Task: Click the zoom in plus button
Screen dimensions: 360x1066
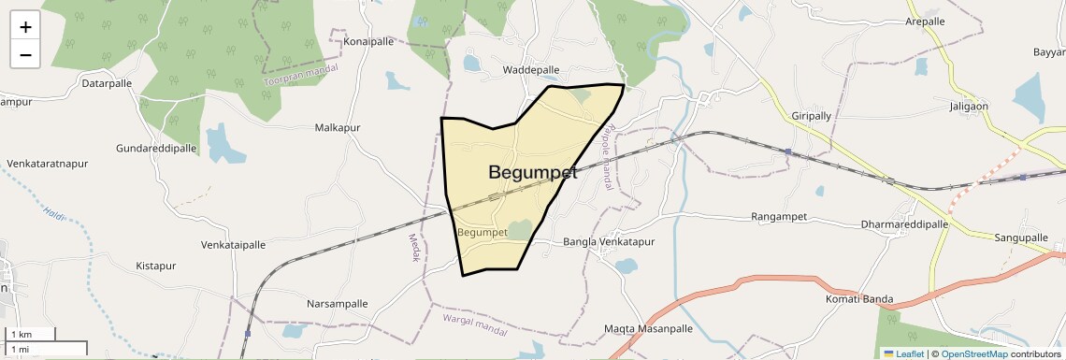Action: tap(25, 27)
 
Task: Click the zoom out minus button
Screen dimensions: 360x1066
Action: tap(25, 55)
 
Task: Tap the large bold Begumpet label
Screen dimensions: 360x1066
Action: tap(533, 172)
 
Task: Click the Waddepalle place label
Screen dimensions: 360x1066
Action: tap(530, 70)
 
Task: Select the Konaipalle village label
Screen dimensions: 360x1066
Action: tap(368, 42)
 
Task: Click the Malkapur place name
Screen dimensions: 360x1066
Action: tap(338, 127)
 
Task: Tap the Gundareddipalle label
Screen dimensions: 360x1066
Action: tap(156, 149)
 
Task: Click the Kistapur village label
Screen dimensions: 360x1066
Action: tap(156, 266)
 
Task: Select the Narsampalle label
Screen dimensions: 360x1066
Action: tap(338, 304)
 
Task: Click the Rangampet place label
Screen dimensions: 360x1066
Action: tap(778, 217)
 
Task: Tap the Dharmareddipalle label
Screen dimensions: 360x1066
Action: tap(904, 224)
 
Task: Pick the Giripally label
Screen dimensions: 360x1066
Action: tap(811, 116)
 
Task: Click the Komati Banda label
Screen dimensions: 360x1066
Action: tap(859, 299)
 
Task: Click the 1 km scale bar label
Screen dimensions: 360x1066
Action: tap(22, 334)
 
